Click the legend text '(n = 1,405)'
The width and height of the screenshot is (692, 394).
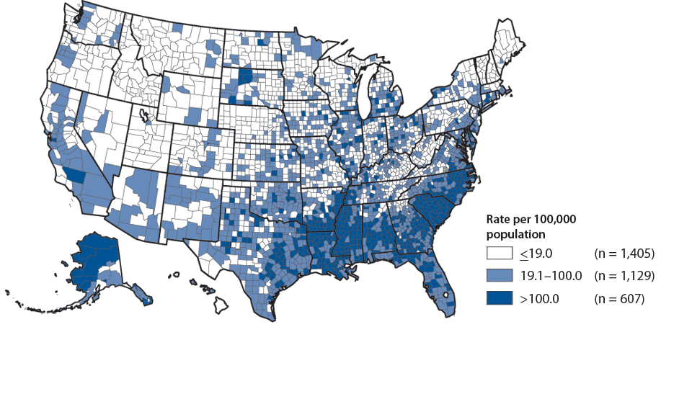pyautogui.click(x=623, y=253)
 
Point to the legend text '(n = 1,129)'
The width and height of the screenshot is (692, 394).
pyautogui.click(x=623, y=274)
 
